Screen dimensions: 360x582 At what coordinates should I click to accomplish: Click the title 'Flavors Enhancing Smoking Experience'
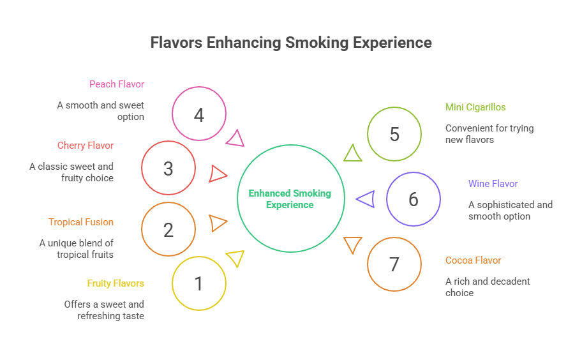[x=291, y=43]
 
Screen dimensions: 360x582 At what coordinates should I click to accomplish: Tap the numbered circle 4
[x=199, y=114]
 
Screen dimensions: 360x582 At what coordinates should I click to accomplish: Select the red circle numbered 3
[x=168, y=168]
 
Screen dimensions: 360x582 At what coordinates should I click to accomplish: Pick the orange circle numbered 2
[x=168, y=229]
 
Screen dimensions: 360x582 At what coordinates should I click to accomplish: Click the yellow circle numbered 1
[x=199, y=283]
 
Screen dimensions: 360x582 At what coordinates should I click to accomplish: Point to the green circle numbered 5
[x=394, y=134]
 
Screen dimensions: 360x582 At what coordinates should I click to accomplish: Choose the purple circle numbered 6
[x=414, y=199]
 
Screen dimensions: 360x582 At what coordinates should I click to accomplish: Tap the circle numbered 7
[x=394, y=264]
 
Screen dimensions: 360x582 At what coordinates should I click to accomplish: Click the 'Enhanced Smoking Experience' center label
[x=290, y=199]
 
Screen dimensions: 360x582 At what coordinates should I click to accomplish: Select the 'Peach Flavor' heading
[x=117, y=84]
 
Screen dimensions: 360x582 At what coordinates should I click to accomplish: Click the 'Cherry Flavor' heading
[x=86, y=146]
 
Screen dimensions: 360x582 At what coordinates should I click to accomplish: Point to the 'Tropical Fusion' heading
[x=81, y=222]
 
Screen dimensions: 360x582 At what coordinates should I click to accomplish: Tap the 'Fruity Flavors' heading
[x=116, y=283]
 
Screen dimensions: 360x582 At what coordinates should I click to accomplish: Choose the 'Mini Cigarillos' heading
[x=475, y=107]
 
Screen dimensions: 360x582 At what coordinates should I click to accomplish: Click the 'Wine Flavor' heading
[x=493, y=184]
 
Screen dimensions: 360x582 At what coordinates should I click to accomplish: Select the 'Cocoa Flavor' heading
[x=473, y=260]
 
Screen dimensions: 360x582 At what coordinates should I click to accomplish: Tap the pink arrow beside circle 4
[x=235, y=139]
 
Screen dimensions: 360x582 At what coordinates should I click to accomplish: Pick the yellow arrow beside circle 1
[x=235, y=258]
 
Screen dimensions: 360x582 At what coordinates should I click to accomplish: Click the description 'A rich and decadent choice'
[x=488, y=287]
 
